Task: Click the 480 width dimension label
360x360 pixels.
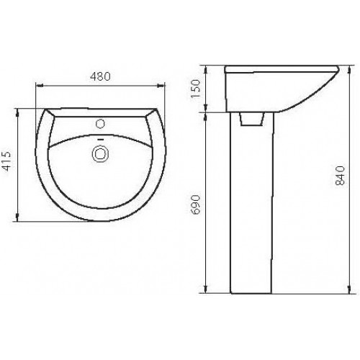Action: pos(100,76)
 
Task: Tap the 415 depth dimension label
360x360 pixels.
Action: pos(6,161)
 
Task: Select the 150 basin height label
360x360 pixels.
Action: pos(195,88)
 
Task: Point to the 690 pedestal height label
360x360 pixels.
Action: pos(195,204)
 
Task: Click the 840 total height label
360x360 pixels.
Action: pos(340,175)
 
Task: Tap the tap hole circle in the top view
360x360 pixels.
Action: pos(100,124)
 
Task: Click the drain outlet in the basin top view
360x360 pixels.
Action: pos(101,154)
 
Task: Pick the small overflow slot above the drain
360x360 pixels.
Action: pos(101,140)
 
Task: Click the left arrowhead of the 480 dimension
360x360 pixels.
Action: pos(39,85)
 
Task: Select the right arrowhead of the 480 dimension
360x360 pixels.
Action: pos(161,85)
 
